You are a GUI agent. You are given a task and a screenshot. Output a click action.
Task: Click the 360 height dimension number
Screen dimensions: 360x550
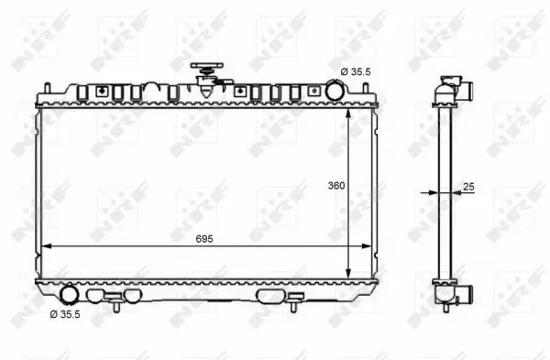pos(335,185)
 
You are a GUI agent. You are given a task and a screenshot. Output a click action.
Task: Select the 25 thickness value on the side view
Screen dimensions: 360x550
pos(469,187)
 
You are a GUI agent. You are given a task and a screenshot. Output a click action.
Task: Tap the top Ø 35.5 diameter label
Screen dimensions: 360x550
pos(356,71)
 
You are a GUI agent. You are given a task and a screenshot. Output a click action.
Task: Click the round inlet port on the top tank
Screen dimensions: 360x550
pos(336,91)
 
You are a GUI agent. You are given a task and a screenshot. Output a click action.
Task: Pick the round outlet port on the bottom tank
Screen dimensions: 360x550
pos(70,295)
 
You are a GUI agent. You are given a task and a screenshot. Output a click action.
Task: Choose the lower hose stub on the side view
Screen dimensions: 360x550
pos(465,295)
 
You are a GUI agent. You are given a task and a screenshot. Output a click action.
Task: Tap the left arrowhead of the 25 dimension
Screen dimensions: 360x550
pos(432,192)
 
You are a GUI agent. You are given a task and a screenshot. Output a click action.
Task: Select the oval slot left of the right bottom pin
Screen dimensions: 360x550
pos(271,296)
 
